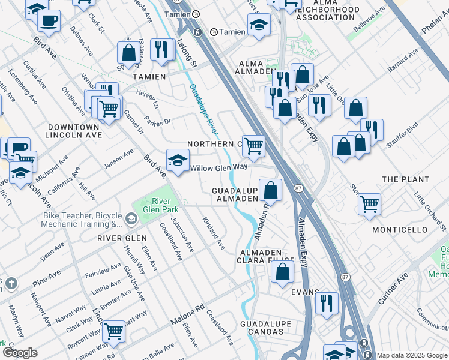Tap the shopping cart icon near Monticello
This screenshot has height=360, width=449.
point(369,203)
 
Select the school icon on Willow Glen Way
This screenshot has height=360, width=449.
point(178,160)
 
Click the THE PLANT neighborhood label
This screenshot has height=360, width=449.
point(405,179)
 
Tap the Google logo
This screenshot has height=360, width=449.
point(19,352)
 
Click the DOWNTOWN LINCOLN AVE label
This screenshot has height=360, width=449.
point(73,131)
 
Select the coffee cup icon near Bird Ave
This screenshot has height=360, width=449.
point(48,20)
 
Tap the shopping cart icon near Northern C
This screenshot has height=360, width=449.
point(253,146)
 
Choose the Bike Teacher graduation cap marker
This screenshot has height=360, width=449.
point(131,220)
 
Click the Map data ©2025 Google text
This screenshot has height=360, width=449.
point(412,355)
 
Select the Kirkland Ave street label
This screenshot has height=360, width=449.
point(213,233)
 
